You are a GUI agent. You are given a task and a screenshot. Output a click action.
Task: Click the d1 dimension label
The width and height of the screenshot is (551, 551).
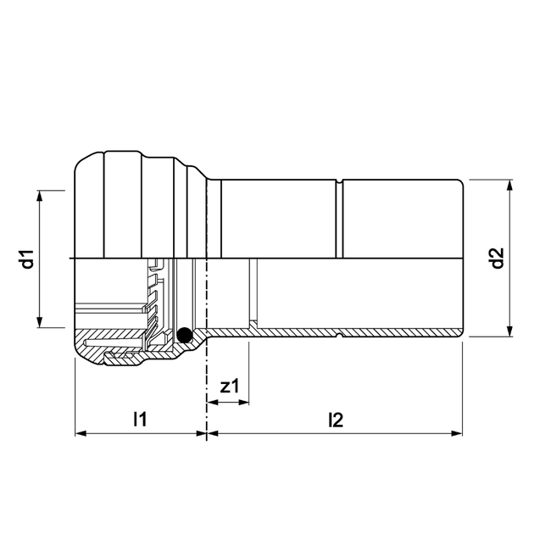tap(27, 259)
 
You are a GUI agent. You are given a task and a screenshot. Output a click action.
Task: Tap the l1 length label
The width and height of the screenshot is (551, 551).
tap(140, 418)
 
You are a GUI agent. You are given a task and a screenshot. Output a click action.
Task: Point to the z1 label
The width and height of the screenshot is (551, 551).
tap(229, 387)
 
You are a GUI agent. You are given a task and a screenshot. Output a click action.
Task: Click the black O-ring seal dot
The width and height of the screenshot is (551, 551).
tap(185, 337)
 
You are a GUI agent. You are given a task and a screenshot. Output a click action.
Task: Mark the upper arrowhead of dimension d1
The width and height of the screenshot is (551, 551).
tap(40, 196)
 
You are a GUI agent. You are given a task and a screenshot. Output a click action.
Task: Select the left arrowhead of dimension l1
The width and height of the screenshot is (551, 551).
tap(81, 433)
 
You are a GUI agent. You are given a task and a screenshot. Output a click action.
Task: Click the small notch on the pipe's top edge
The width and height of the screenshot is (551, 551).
tap(340, 181)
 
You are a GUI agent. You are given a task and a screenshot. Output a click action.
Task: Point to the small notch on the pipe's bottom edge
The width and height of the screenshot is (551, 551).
tap(340, 336)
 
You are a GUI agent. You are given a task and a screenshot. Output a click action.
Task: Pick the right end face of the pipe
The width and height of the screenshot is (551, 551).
tap(462, 259)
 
